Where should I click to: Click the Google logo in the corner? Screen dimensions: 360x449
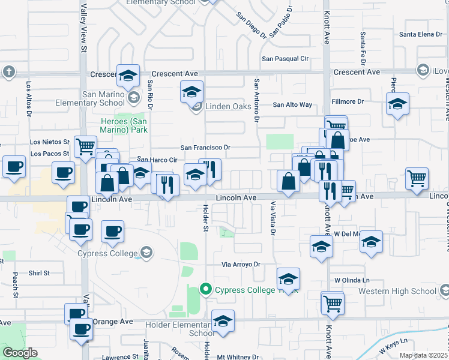click(x=20, y=353)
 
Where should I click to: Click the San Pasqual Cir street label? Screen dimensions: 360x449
click(x=286, y=59)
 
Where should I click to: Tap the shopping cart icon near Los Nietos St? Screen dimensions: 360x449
click(x=85, y=145)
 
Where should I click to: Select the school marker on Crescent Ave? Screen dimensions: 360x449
click(x=128, y=76)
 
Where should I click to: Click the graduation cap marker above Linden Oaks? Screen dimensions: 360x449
click(x=191, y=92)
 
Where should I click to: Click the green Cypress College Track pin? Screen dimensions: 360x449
click(x=205, y=289)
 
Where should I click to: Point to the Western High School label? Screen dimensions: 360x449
click(x=397, y=292)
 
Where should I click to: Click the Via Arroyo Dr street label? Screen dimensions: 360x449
click(x=240, y=264)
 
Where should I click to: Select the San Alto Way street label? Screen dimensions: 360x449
click(x=292, y=104)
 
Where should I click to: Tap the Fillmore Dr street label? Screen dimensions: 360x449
click(x=353, y=102)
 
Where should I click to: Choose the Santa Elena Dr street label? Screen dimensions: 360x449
click(x=421, y=34)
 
